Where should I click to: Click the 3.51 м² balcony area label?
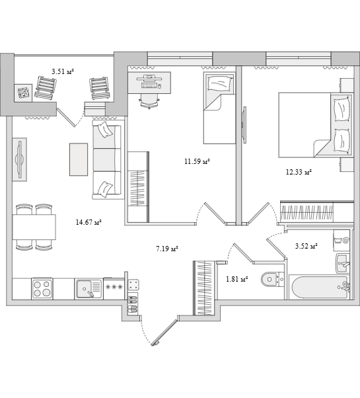(x=63, y=71)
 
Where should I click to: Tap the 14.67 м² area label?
(x=89, y=223)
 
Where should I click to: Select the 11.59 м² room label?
(x=198, y=161)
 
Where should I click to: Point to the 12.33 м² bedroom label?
(x=299, y=173)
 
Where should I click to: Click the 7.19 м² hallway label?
(x=167, y=249)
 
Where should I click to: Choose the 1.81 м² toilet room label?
(x=236, y=280)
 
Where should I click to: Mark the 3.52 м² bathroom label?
(x=306, y=246)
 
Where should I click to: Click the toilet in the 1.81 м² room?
(x=272, y=280)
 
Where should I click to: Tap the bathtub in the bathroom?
(x=320, y=288)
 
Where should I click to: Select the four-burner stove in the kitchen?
(x=42, y=289)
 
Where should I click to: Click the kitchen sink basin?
(x=85, y=289)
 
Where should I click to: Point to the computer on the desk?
(x=149, y=81)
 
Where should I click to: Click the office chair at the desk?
(x=149, y=101)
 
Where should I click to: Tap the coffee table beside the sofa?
(x=79, y=159)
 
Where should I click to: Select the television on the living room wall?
(x=20, y=159)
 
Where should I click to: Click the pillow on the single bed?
(x=219, y=84)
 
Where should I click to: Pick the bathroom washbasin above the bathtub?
(x=343, y=263)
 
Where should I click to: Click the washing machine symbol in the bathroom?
(x=342, y=240)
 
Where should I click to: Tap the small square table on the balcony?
(x=23, y=93)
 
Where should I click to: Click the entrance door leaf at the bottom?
(x=164, y=333)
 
